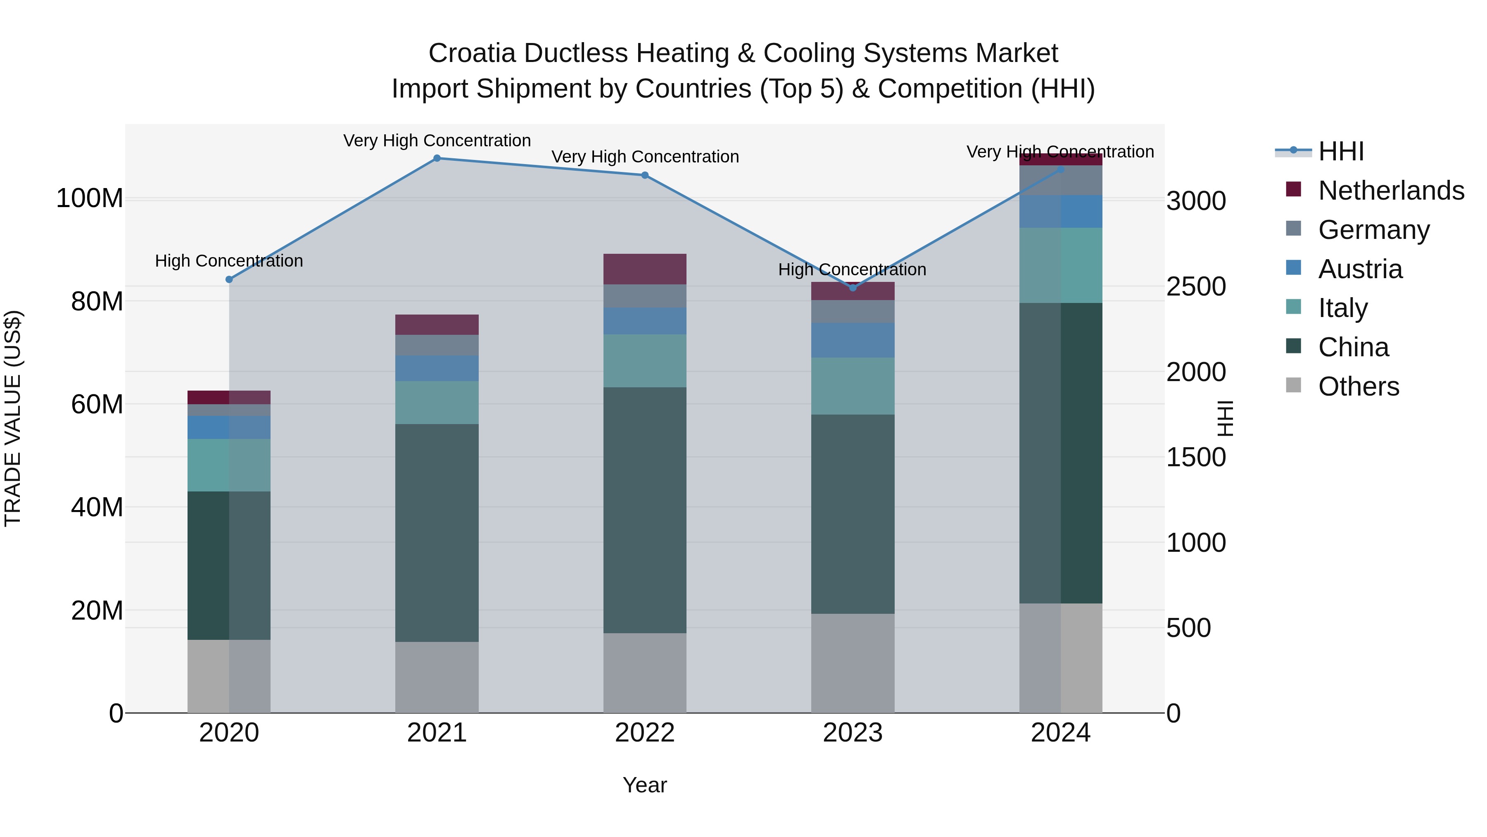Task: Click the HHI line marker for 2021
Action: (x=437, y=158)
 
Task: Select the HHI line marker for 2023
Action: (x=853, y=288)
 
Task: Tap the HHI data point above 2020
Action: (x=229, y=279)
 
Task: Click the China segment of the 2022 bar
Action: (x=645, y=510)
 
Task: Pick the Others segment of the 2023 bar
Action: (x=853, y=663)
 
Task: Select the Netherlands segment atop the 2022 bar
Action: (x=645, y=269)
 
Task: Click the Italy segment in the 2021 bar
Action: (x=437, y=403)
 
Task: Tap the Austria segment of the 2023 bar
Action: (x=853, y=340)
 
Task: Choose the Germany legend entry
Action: (x=1374, y=230)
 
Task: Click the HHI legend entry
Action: (x=1340, y=151)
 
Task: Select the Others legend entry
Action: (x=1358, y=386)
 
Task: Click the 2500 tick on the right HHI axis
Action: (x=1195, y=286)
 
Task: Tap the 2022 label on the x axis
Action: (x=645, y=733)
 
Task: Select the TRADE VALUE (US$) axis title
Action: (x=13, y=418)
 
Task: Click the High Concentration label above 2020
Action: (x=229, y=261)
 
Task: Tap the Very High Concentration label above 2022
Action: (x=645, y=157)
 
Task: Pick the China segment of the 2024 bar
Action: (x=1060, y=453)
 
